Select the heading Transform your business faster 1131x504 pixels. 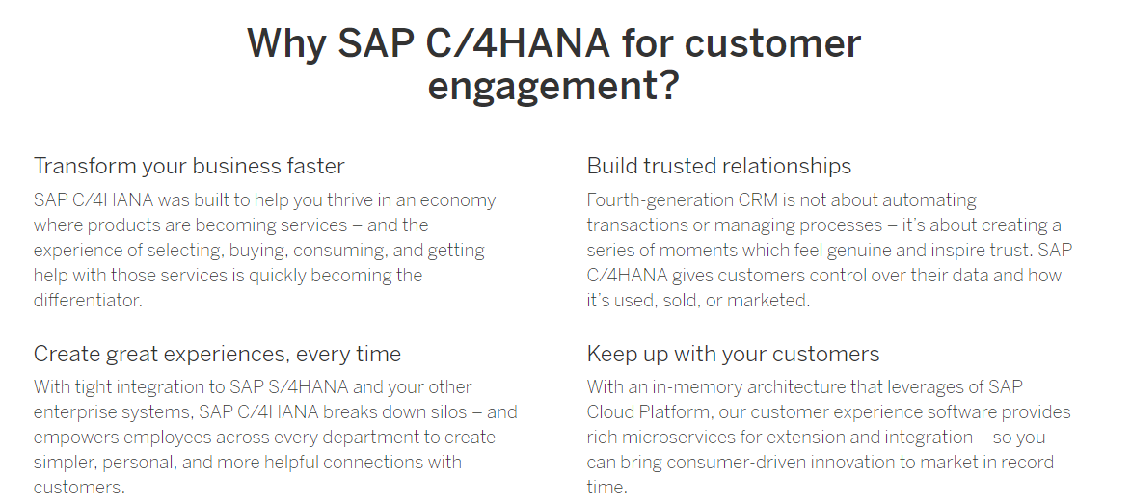[189, 167]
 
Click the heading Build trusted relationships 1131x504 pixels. [719, 166]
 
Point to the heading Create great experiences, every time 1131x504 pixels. [217, 355]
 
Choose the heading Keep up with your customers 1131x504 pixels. [733, 355]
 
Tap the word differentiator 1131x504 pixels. [88, 300]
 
